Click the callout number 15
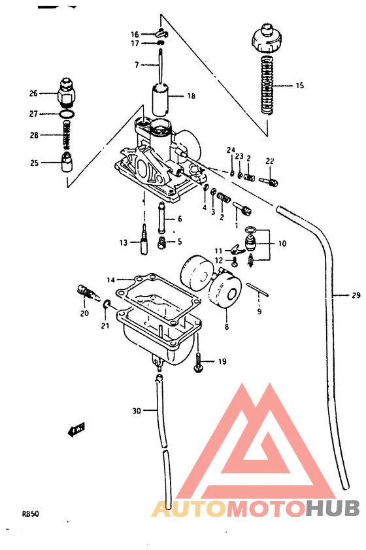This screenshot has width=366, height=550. coord(299,86)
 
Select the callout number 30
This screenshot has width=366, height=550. coord(136,411)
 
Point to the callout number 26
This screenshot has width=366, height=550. coord(34,93)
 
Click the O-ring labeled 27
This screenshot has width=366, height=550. coord(66,115)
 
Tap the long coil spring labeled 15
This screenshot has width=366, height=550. coord(266,85)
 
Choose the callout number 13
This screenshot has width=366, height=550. coord(123,243)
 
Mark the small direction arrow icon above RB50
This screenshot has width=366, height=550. coord(77,429)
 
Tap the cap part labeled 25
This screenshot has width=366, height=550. coord(66,162)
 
